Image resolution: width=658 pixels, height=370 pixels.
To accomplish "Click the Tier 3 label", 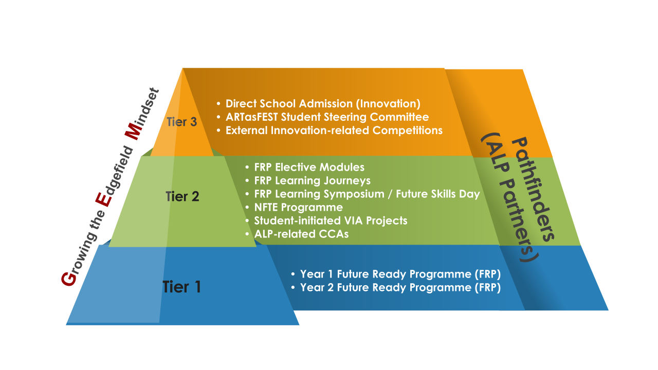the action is click(x=182, y=122).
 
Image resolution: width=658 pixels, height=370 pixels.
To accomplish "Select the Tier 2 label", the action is click(x=182, y=196).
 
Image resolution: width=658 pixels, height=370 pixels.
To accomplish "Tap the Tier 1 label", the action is click(x=182, y=287).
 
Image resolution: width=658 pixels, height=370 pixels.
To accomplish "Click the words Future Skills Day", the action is click(x=438, y=194).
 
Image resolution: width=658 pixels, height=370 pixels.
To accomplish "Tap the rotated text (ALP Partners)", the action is click(x=510, y=197).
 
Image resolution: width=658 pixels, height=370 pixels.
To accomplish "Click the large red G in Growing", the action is click(x=69, y=279).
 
